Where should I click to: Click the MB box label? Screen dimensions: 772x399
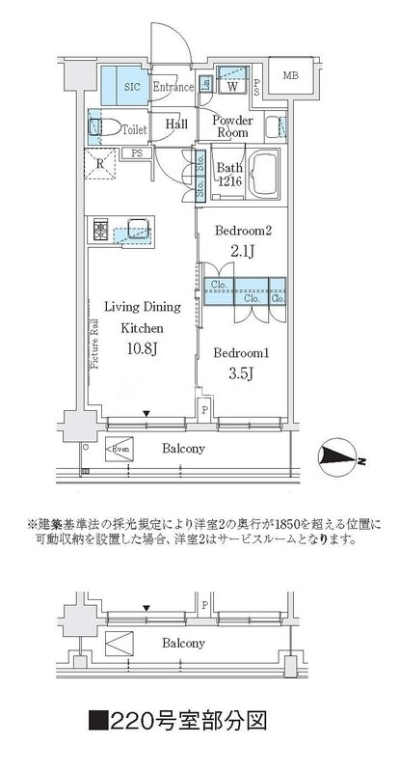pyautogui.click(x=289, y=76)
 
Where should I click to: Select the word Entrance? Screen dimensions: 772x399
pyautogui.click(x=174, y=85)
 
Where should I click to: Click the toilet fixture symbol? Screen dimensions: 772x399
pyautogui.click(x=105, y=126)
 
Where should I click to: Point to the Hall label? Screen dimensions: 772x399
pyautogui.click(x=175, y=124)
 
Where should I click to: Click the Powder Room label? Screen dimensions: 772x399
pyautogui.click(x=231, y=126)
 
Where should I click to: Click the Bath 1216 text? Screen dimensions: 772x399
pyautogui.click(x=227, y=175)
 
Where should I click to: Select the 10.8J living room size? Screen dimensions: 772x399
pyautogui.click(x=141, y=352)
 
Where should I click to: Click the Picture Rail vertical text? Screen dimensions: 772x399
pyautogui.click(x=93, y=343)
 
